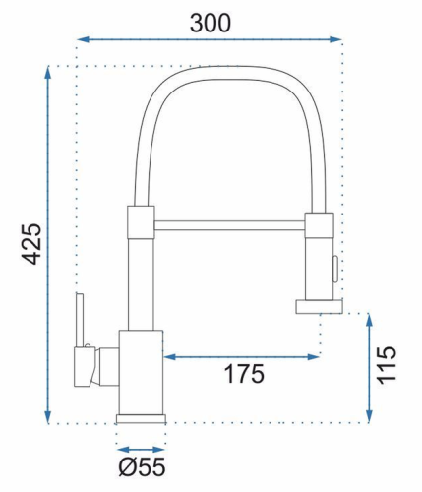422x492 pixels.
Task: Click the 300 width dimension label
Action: [x=211, y=24]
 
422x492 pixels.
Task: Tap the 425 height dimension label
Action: [x=31, y=244]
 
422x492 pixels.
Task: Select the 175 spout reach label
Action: [x=244, y=374]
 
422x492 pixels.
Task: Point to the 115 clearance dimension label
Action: [x=387, y=364]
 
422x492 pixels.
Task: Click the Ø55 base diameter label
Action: [x=142, y=467]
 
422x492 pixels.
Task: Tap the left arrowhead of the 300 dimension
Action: [x=84, y=39]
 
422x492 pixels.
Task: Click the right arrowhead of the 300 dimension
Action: [x=335, y=39]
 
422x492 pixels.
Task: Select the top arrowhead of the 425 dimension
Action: [x=48, y=73]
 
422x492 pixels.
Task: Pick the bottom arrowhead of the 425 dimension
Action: [x=48, y=417]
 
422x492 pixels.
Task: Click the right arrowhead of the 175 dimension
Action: [x=313, y=357]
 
